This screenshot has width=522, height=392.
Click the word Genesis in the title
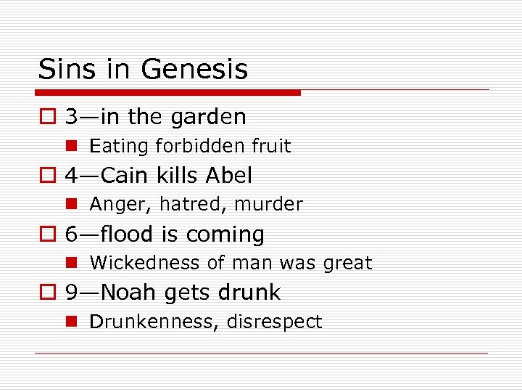click(x=194, y=70)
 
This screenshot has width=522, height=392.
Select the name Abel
click(x=229, y=176)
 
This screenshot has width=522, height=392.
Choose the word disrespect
click(x=274, y=322)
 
